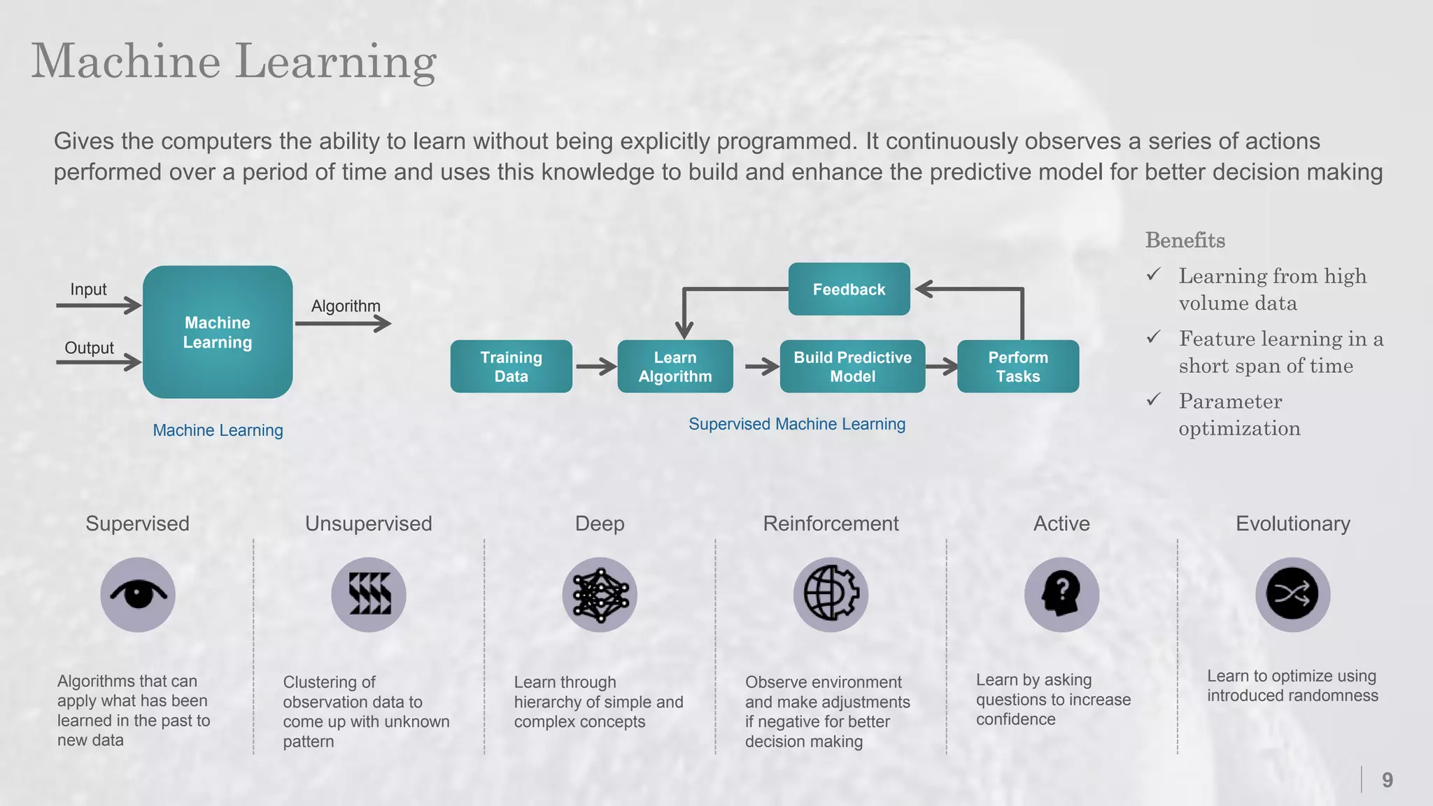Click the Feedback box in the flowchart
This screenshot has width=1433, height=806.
(849, 289)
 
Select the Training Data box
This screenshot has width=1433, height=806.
(511, 367)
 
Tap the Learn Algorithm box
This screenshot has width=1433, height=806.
(675, 367)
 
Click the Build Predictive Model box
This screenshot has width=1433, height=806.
(852, 367)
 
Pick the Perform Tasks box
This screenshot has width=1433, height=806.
(1017, 367)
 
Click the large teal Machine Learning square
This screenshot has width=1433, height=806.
(218, 332)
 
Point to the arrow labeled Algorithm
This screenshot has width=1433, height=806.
(343, 323)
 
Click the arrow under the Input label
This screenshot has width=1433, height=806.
(99, 305)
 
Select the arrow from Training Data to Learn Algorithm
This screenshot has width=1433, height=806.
(595, 367)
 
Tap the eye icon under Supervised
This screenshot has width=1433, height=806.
(138, 595)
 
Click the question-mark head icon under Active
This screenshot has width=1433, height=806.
(1061, 595)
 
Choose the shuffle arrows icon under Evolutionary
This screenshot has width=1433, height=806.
(1292, 595)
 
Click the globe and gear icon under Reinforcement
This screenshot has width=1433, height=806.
(831, 595)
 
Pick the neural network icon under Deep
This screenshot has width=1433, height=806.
(600, 595)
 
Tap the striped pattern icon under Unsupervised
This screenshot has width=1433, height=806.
(369, 595)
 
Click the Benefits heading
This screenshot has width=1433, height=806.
(1185, 241)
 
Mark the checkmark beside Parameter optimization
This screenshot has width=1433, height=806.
(1154, 400)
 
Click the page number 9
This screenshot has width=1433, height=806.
(1387, 780)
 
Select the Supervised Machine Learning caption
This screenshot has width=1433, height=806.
(796, 424)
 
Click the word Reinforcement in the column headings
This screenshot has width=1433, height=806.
(831, 523)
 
